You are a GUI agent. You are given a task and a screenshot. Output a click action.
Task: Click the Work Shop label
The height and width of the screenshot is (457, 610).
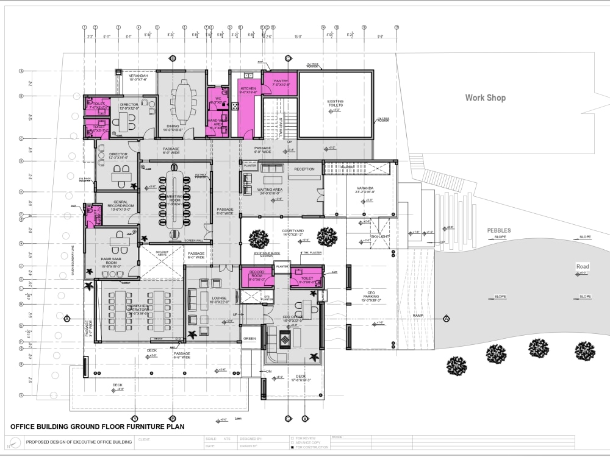pyautogui.click(x=485, y=97)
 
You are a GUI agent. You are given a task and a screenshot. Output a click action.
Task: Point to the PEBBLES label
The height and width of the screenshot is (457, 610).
pyautogui.click(x=498, y=230)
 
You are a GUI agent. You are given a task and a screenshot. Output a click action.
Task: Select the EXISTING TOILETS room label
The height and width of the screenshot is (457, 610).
pyautogui.click(x=335, y=104)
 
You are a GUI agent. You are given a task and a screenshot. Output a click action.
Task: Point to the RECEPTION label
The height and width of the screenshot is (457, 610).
pyautogui.click(x=304, y=169)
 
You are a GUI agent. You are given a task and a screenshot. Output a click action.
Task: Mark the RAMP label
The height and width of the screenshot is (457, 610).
pyautogui.click(x=418, y=315)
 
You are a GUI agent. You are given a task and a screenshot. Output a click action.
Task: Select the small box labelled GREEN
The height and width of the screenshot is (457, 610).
pyautogui.click(x=249, y=338)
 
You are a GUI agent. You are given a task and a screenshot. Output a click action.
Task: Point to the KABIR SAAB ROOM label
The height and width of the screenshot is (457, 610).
pyautogui.click(x=113, y=263)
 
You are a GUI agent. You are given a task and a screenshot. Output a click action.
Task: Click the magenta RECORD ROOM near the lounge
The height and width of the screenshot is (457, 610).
pyautogui.click(x=256, y=277)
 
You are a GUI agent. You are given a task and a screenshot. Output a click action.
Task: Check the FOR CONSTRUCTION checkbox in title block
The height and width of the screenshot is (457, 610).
pyautogui.click(x=292, y=447)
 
